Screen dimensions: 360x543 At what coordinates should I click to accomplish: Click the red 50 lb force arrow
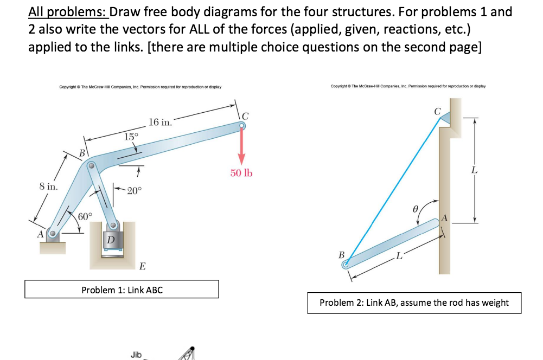(x=241, y=146)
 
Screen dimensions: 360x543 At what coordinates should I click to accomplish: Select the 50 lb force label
(x=241, y=173)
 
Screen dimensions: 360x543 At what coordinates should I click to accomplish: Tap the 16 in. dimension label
(x=161, y=122)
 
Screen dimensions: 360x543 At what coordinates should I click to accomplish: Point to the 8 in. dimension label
(x=48, y=187)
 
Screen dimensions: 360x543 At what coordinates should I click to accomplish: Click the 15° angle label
(x=131, y=137)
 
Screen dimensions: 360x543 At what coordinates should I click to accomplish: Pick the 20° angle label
(x=134, y=190)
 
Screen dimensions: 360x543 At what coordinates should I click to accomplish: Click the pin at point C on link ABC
(x=241, y=126)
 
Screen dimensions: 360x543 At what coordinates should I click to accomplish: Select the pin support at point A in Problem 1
(x=53, y=235)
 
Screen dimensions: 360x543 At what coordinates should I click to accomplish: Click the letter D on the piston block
(x=111, y=239)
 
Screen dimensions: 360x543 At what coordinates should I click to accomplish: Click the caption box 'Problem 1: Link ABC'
(x=122, y=290)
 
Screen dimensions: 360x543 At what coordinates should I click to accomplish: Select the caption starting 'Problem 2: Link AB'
(x=414, y=303)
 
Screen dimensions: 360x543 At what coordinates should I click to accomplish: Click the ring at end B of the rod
(x=345, y=265)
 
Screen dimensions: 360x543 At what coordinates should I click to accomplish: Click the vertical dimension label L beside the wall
(x=475, y=170)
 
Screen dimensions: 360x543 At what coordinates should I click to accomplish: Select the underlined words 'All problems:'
(x=67, y=12)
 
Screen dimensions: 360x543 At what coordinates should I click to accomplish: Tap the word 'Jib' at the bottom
(x=136, y=355)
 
